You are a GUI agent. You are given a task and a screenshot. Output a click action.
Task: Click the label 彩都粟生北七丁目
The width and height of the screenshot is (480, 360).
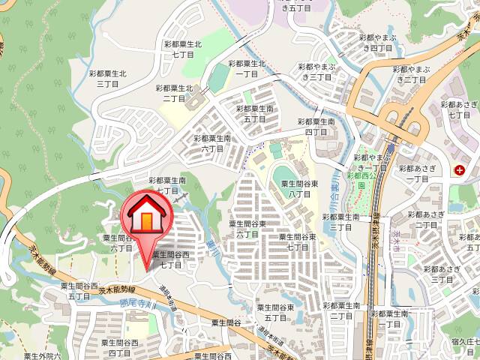point(183,49)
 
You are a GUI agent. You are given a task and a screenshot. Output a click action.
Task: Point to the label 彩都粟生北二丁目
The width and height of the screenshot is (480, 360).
point(174,93)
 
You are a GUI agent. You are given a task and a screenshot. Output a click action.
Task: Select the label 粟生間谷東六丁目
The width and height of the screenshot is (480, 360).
point(248,229)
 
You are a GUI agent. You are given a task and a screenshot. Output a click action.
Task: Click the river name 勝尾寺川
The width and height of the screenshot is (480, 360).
point(136,304)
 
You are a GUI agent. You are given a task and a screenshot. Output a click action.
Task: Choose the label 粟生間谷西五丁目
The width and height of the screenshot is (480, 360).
point(79,291)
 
